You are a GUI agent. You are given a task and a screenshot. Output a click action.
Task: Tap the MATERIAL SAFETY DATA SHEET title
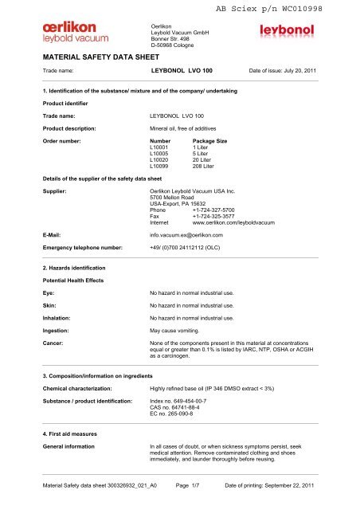pyautogui.click(x=93, y=59)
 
